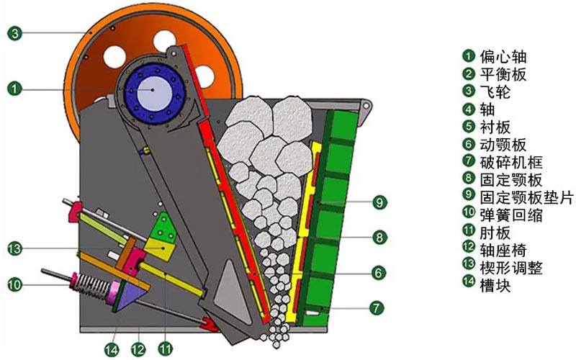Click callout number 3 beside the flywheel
tap(15, 34)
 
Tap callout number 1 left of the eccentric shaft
tap(14, 89)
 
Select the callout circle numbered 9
tap(379, 202)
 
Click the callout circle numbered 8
tap(379, 238)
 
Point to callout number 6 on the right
tap(379, 273)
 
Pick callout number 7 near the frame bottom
tap(376, 308)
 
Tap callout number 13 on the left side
tap(15, 248)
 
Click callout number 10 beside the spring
tap(15, 284)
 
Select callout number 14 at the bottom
tap(112, 349)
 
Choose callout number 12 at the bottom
tap(138, 349)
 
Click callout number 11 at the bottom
tap(165, 349)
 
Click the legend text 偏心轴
tap(503, 57)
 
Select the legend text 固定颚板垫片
tap(526, 197)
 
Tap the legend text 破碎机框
tap(510, 163)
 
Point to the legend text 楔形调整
tap(510, 268)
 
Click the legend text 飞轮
tap(495, 92)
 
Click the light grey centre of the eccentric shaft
tap(153, 89)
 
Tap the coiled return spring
tap(94, 285)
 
